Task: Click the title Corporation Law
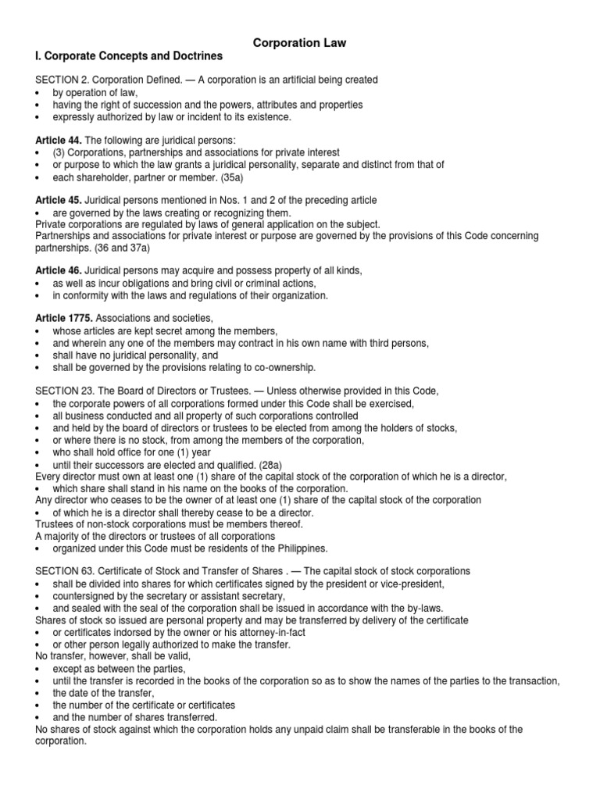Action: [x=299, y=43]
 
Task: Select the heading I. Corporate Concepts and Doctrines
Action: [x=129, y=57]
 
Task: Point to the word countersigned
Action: [x=87, y=595]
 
